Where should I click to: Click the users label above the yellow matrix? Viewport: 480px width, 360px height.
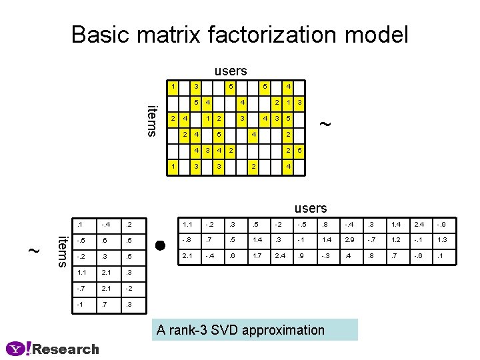pyautogui.click(x=231, y=71)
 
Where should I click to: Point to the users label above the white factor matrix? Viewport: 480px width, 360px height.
pyautogui.click(x=311, y=209)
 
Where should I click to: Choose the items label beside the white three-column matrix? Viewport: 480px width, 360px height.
pyautogui.click(x=61, y=250)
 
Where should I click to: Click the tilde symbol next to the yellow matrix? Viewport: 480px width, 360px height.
pyautogui.click(x=325, y=123)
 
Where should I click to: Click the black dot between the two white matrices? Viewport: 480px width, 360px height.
pyautogui.click(x=160, y=245)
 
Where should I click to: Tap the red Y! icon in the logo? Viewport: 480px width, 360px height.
pyautogui.click(x=18, y=349)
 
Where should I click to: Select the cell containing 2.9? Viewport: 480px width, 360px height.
pyautogui.click(x=349, y=240)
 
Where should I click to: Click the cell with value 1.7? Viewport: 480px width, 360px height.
pyautogui.click(x=257, y=255)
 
